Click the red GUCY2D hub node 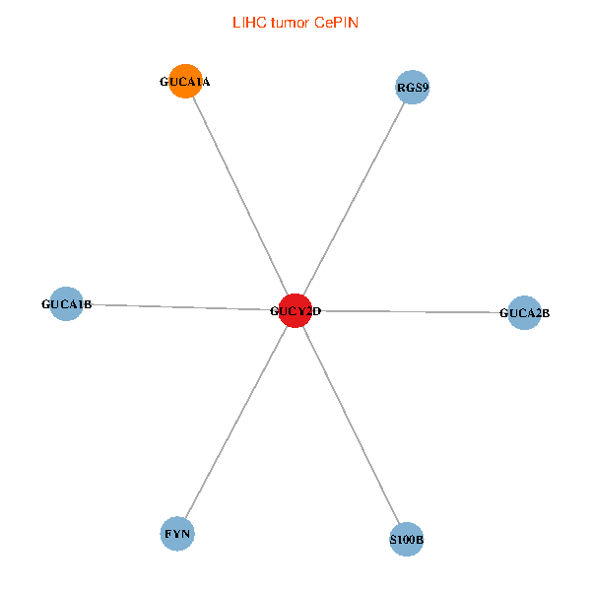pos(295,310)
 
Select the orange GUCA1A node pos(185,81)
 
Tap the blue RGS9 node pos(413,87)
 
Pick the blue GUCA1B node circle pos(66,303)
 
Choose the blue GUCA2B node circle pos(524,312)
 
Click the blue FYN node pos(177,533)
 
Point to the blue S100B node pos(406,539)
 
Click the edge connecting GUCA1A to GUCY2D pos(240,196)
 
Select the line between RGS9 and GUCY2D pos(354,199)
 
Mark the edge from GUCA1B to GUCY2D pos(181,307)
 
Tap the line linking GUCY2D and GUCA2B pos(410,311)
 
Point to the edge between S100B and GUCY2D pos(351,425)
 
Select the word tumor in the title pos(291,23)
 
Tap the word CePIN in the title pos(336,23)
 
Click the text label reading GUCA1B pos(67,304)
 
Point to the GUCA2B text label pos(524,313)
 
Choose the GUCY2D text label pos(295,311)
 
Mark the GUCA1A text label pos(185,82)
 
